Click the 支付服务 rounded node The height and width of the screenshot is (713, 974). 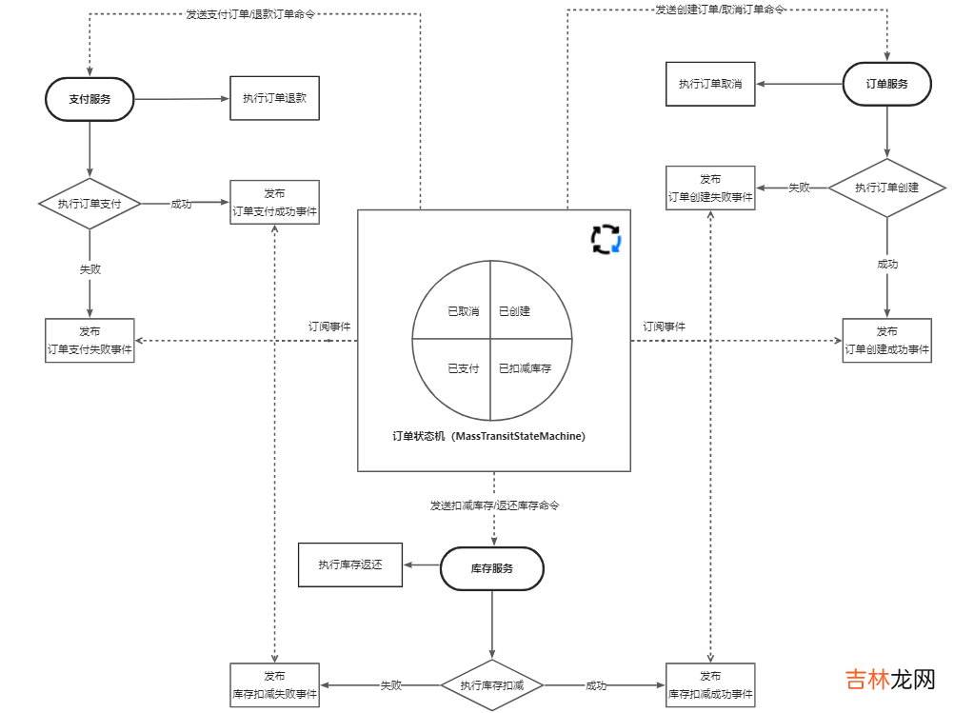(x=89, y=99)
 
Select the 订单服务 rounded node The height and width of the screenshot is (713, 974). (x=886, y=84)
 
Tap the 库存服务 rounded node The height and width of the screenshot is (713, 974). (x=491, y=568)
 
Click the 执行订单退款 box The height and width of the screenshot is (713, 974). (x=274, y=98)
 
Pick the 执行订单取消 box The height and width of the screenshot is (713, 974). (x=709, y=84)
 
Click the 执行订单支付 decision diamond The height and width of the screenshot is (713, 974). (x=89, y=204)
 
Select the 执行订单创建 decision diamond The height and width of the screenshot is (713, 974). (x=886, y=188)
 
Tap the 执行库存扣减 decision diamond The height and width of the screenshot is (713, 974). (x=491, y=685)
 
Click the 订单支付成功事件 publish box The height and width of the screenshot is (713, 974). (x=274, y=203)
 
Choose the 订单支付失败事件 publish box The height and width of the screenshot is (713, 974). (x=89, y=341)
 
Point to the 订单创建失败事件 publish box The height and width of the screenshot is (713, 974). (x=710, y=188)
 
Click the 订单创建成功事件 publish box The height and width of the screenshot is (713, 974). (x=886, y=341)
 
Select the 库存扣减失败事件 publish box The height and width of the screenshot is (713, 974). (x=274, y=685)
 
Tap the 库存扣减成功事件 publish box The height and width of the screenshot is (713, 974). (x=710, y=685)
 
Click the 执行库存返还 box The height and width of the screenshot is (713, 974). (x=349, y=564)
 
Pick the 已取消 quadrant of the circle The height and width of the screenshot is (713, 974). (x=457, y=305)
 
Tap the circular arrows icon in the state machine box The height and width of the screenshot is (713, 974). (x=606, y=239)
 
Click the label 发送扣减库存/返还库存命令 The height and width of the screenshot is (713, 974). (x=494, y=505)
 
